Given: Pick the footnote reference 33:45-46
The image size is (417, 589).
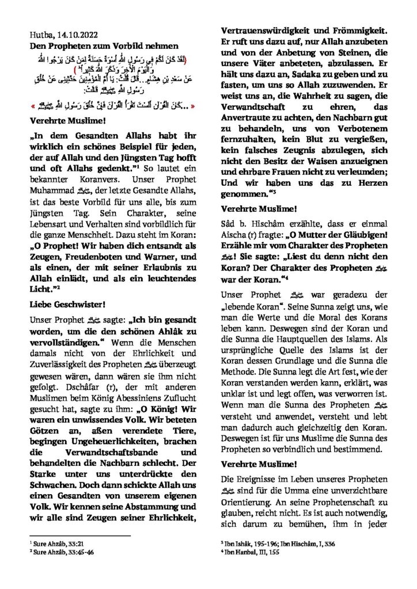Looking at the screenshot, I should pos(69,550).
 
